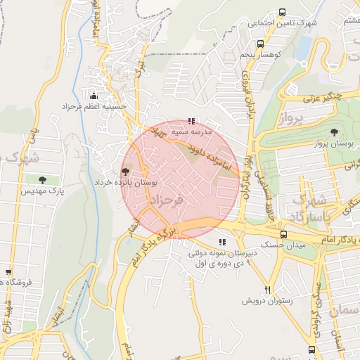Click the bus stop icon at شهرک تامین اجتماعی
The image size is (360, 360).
tap(282, 12)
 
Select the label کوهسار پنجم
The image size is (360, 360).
tap(259, 54)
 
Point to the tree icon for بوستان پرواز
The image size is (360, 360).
tap(334, 132)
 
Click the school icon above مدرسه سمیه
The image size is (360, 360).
tap(192, 121)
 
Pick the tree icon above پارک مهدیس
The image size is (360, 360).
tap(44, 180)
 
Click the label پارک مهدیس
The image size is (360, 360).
tap(42, 191)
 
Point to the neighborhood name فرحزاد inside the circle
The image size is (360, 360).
tap(165, 201)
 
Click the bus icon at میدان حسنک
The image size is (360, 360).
tap(283, 234)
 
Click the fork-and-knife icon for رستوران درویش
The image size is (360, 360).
tap(267, 290)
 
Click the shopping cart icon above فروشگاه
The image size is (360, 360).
tap(8, 272)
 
